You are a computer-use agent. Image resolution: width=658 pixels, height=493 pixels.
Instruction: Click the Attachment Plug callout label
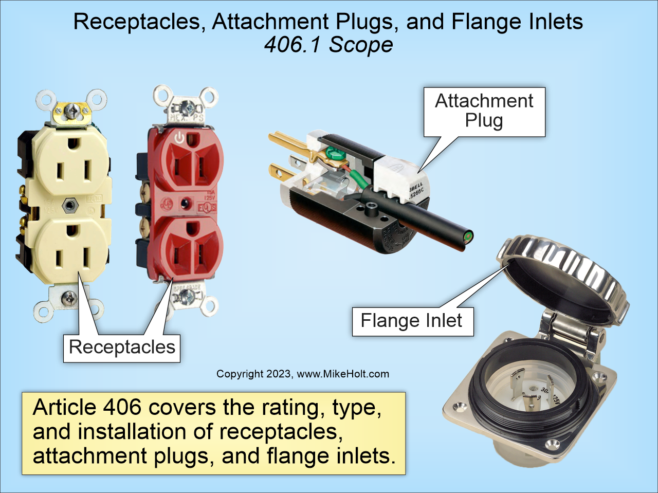point(484,111)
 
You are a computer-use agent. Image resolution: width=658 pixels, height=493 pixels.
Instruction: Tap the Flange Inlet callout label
point(412,321)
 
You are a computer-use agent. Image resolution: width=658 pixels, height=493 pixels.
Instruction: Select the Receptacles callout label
point(122,348)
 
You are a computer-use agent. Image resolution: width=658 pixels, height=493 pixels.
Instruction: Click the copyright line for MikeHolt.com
point(302,374)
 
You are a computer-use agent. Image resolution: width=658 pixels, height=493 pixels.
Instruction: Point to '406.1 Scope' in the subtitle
point(328,45)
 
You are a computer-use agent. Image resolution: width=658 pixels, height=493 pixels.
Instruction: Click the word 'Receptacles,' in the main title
point(139,22)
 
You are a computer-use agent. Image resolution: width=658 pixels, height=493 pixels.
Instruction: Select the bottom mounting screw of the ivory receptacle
point(68,298)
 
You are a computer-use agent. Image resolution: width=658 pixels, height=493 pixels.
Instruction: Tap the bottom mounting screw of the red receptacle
point(188,296)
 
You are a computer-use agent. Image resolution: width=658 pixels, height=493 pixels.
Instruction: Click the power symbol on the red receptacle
point(178,137)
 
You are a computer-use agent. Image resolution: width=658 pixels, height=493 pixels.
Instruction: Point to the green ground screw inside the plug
point(335,153)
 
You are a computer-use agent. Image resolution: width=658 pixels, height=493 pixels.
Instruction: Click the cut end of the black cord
point(468,237)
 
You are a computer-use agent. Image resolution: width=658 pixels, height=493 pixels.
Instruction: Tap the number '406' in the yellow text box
point(122,407)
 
